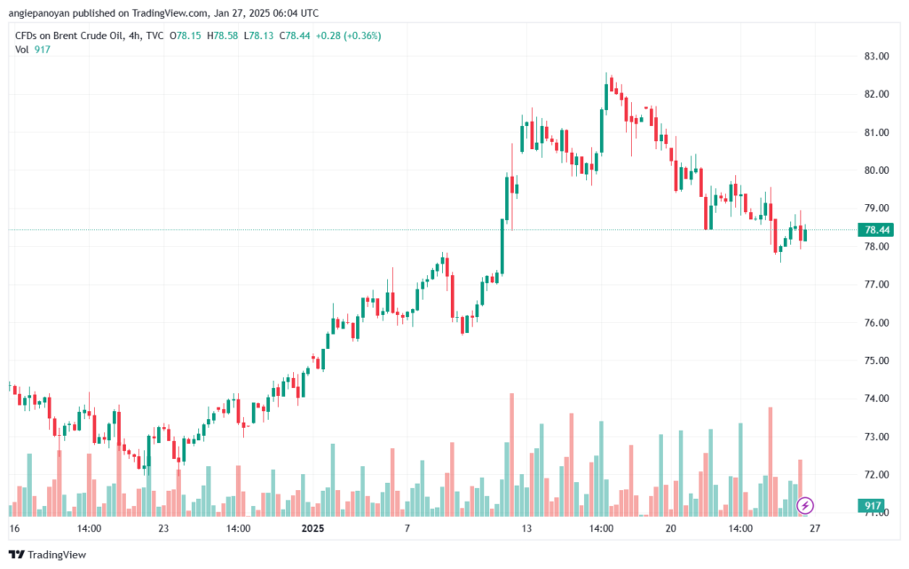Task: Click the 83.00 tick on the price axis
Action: pos(876,56)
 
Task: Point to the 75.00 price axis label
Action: pos(876,360)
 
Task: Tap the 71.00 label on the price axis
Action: pos(876,513)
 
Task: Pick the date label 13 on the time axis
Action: pos(526,528)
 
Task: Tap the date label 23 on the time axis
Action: pos(163,528)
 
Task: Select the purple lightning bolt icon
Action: pos(805,506)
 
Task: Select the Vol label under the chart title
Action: pos(22,49)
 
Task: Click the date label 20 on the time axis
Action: pos(670,528)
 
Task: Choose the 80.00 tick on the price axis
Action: pos(876,170)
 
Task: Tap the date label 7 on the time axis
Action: pos(407,528)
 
